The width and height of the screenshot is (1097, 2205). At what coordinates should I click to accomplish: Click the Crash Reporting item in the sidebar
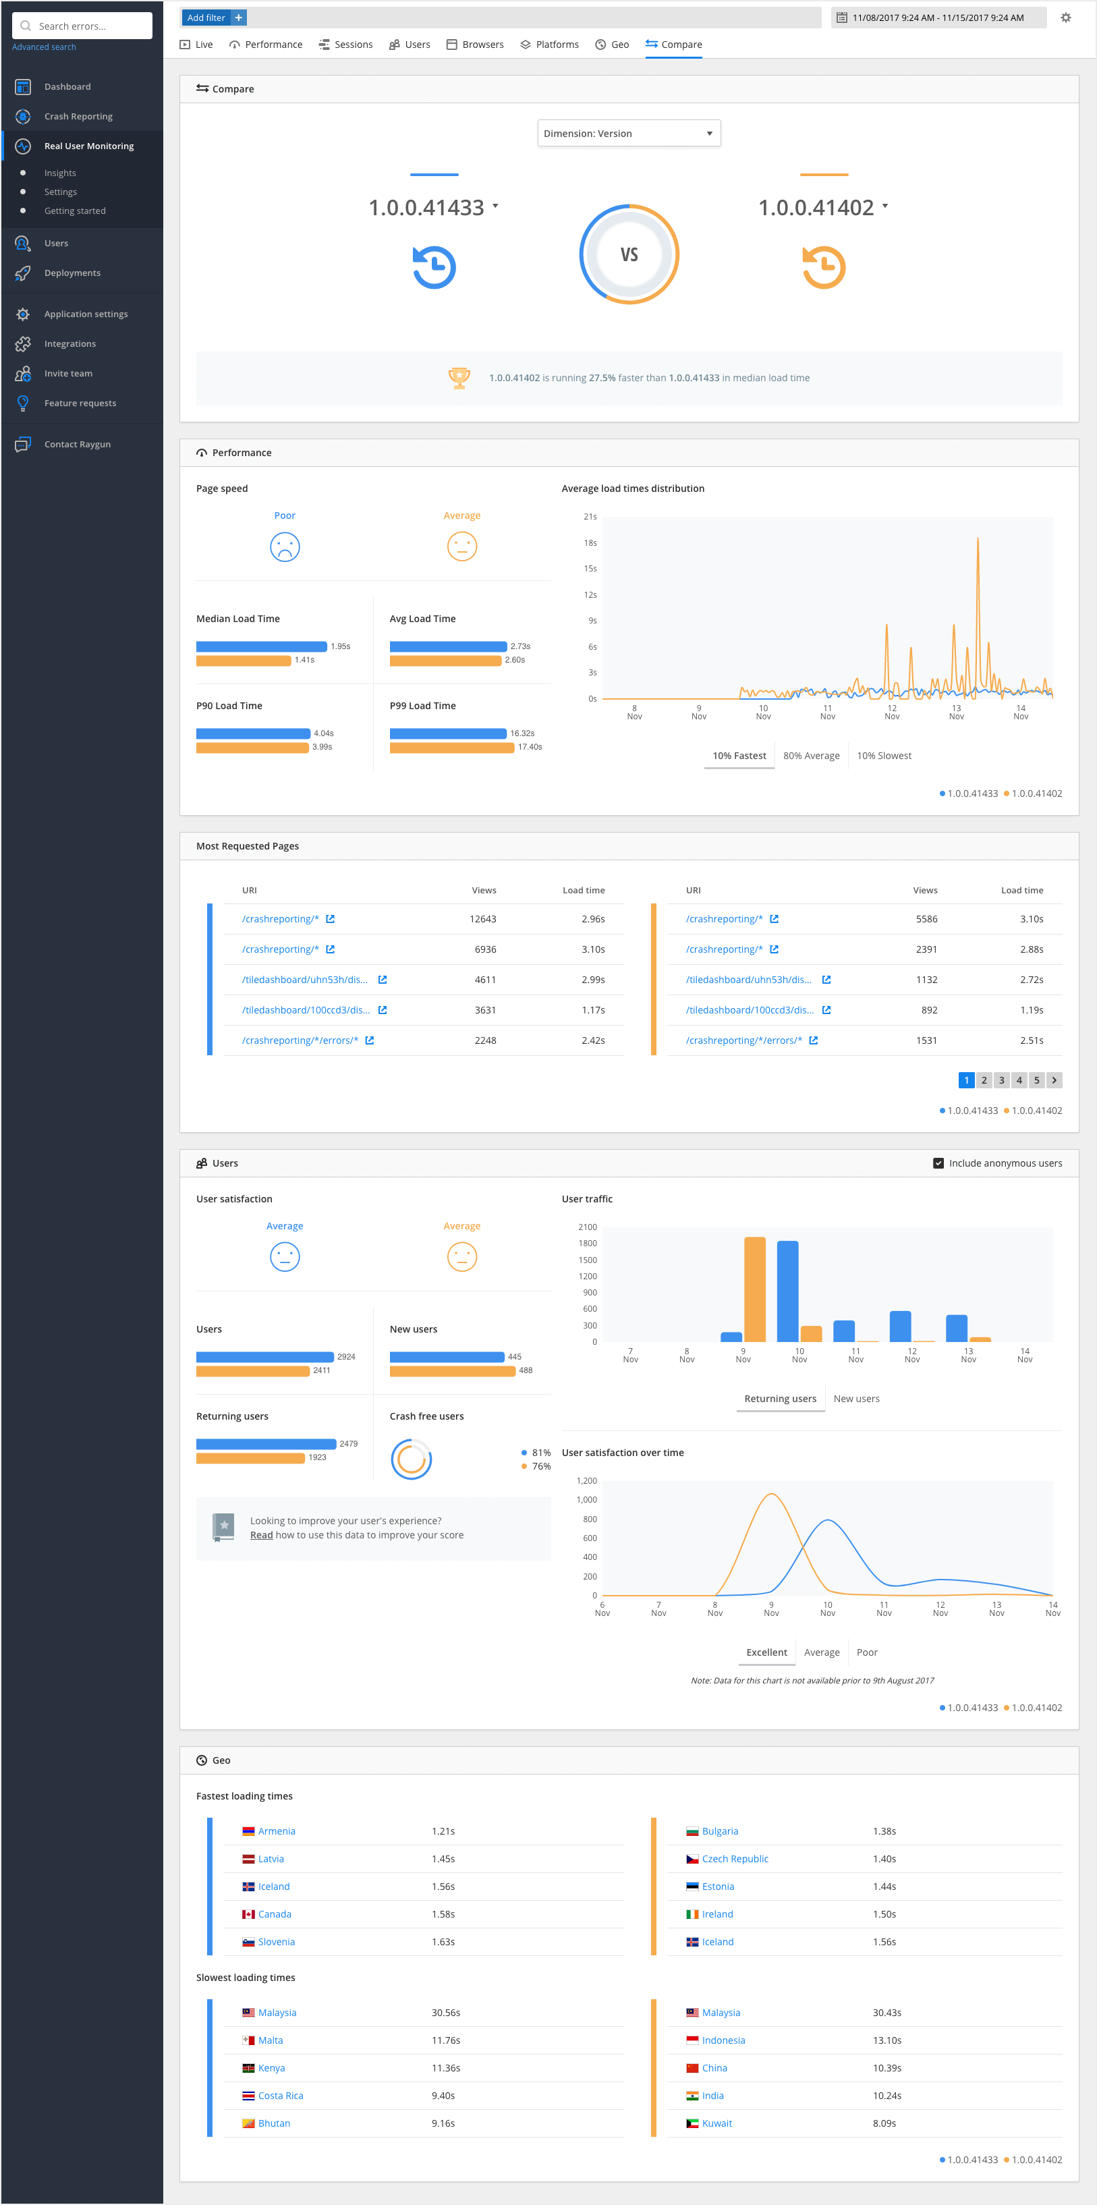(x=78, y=117)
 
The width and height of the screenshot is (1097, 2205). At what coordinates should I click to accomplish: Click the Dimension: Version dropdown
(x=628, y=134)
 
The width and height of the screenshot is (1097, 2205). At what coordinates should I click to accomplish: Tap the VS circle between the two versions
(x=629, y=254)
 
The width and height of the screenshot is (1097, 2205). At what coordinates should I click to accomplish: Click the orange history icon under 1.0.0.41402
(x=823, y=267)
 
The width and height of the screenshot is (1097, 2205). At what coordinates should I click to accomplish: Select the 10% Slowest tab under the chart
(x=883, y=756)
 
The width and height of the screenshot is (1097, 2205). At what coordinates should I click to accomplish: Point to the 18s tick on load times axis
(x=590, y=542)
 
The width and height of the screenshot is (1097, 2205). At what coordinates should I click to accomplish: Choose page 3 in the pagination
(x=1001, y=1080)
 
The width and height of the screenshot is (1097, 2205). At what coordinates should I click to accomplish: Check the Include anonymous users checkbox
(x=938, y=1163)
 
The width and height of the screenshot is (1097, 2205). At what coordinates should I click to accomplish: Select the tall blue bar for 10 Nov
(x=787, y=1291)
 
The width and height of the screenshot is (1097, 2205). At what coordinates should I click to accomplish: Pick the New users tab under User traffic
(x=855, y=1399)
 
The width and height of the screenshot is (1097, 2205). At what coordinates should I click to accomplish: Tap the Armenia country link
(x=277, y=1831)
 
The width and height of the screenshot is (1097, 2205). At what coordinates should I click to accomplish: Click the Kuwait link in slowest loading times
(x=716, y=2123)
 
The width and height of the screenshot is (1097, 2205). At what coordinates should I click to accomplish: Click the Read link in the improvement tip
(x=261, y=1535)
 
